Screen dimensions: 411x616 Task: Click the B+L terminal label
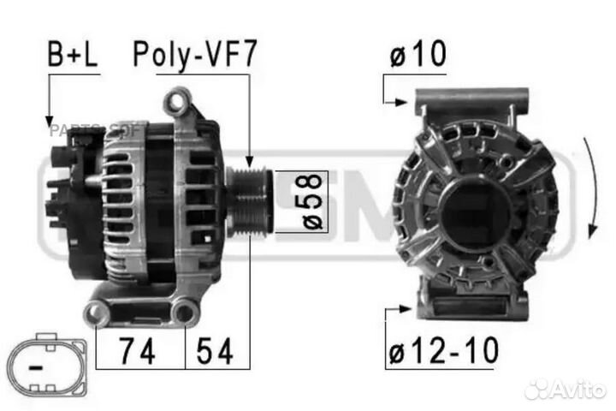point(71,56)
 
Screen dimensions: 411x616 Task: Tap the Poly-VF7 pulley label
point(193,56)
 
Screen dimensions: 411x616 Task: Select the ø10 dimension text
point(418,56)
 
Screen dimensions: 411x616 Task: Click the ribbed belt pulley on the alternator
point(249,202)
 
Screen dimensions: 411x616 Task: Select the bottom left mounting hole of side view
point(97,315)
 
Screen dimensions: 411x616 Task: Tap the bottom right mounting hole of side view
point(184,314)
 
